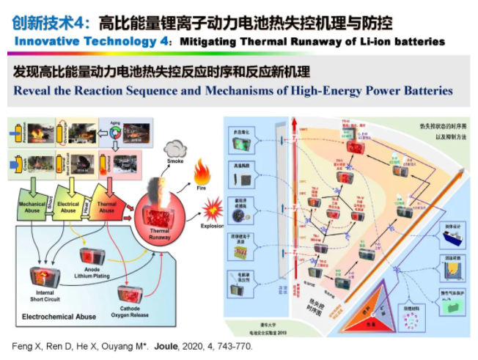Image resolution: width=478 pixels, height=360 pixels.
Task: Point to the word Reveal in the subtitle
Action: (32, 92)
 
